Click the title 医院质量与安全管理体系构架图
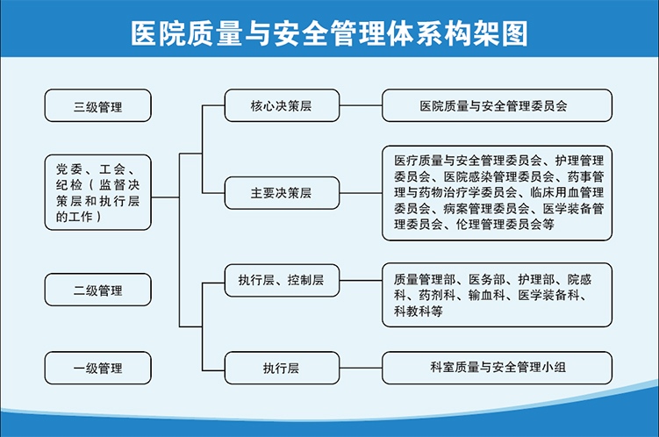pyautogui.click(x=329, y=33)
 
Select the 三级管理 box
pyautogui.click(x=98, y=105)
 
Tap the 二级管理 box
pyautogui.click(x=98, y=290)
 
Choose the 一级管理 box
pyautogui.click(x=98, y=368)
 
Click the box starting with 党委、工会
pyautogui.click(x=98, y=192)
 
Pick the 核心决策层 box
pyautogui.click(x=282, y=105)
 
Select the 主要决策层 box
pyautogui.click(x=282, y=193)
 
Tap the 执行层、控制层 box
pyautogui.click(x=282, y=280)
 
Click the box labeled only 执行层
pyautogui.click(x=282, y=368)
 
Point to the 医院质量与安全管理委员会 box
pyautogui.click(x=497, y=105)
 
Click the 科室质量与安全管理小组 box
pyautogui.click(x=497, y=368)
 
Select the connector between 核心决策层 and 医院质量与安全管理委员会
pyautogui.click(x=361, y=105)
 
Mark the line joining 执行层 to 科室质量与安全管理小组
pyautogui.click(x=361, y=368)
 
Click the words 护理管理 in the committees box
pyautogui.click(x=579, y=161)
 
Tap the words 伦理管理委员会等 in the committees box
pyautogui.click(x=505, y=225)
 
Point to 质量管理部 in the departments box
pyautogui.click(x=425, y=279)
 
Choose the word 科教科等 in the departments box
pyautogui.click(x=419, y=312)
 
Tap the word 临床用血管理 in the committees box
pyautogui.click(x=567, y=192)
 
